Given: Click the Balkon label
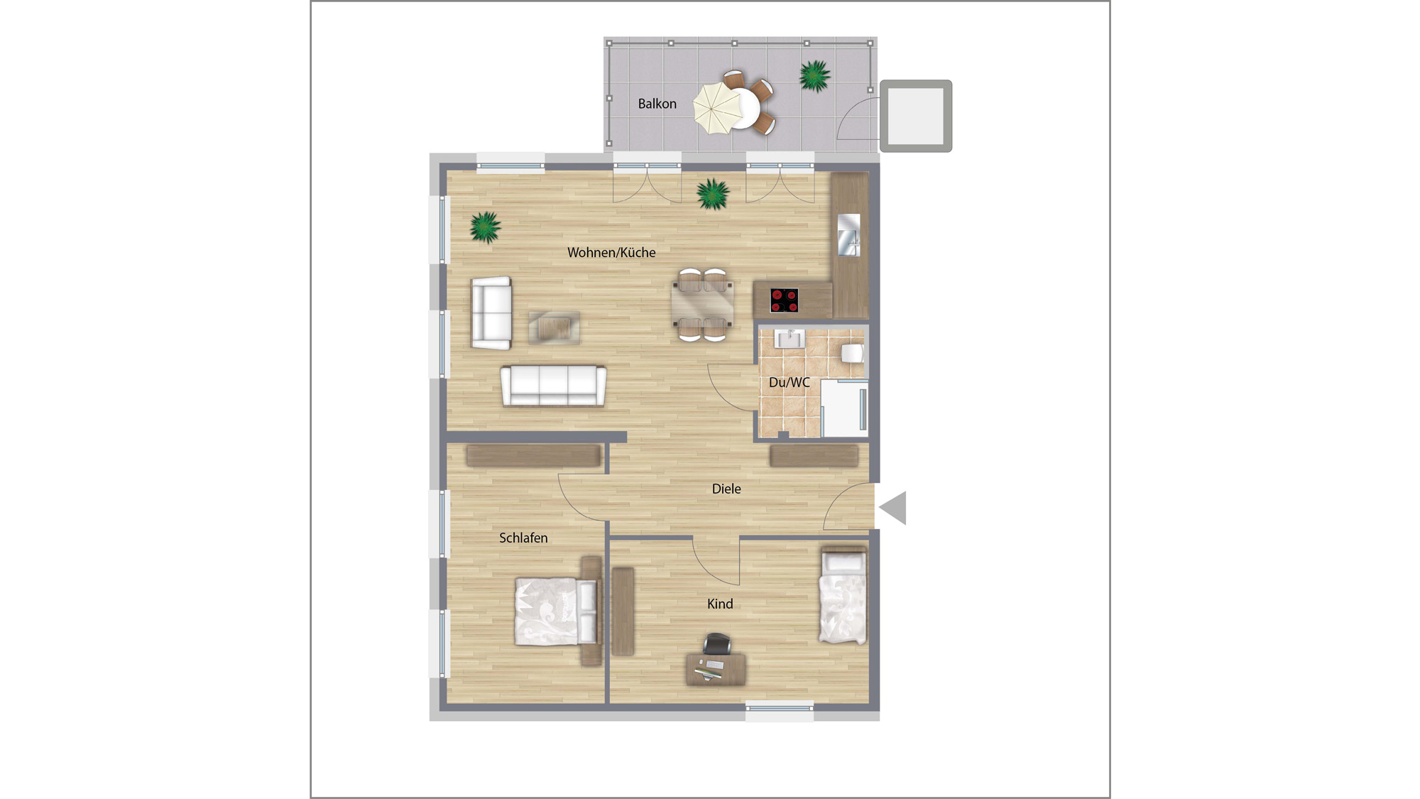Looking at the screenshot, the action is point(657,104).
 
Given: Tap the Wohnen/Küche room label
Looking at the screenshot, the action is point(611,252).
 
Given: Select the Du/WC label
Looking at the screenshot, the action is point(789,382).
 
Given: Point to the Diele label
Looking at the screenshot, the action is point(726,489).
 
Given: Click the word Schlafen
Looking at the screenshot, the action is point(523,538).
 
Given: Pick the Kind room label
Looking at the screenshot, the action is point(720,604).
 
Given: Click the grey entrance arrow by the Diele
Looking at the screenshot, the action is point(893,508).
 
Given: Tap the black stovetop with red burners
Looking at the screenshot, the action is point(784,300).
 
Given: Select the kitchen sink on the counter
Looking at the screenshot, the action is point(849,234).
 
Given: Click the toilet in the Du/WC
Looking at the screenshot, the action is point(853,352).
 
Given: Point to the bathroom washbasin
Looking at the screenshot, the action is point(789,339).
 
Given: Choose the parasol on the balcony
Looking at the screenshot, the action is point(718,108).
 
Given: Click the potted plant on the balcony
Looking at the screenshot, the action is point(814,75).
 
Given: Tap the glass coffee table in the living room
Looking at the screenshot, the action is point(554,328).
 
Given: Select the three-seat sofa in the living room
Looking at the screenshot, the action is point(554,386).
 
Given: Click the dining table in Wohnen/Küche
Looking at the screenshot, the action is point(703,304).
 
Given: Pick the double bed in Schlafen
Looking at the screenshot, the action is point(557,611).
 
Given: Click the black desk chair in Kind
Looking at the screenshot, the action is point(717,643).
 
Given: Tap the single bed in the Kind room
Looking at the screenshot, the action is point(843,595).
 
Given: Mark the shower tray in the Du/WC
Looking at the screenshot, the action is point(844,408).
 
